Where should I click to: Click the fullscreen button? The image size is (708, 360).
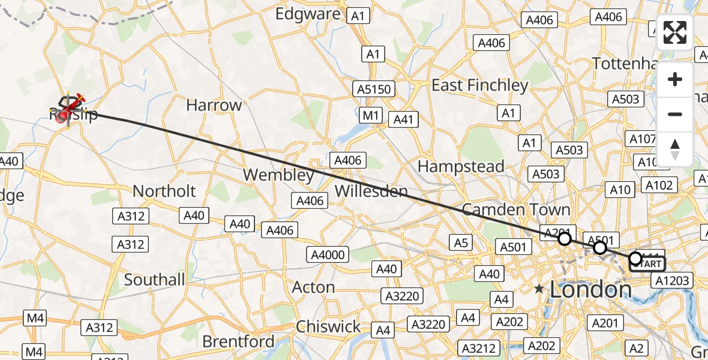pos(675,32)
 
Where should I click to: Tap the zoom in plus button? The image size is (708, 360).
pos(675,80)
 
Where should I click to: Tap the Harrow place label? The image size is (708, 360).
pos(214,106)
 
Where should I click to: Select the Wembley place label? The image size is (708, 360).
pos(278,175)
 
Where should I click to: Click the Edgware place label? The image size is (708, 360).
pos(308,14)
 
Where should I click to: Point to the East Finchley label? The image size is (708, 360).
pos(480,85)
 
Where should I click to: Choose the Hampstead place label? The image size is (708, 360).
pos(461,166)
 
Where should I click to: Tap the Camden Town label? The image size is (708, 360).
pos(515,209)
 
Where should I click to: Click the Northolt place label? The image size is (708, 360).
pos(164,191)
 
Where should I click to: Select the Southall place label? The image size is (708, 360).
pos(154,280)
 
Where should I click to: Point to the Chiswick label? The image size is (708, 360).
pos(328,327)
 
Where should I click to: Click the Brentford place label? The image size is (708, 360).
pos(238,342)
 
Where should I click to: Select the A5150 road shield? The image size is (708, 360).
pos(374,89)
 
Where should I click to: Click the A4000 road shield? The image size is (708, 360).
pos(328,255)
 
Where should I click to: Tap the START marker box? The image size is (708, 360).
pos(648,263)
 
